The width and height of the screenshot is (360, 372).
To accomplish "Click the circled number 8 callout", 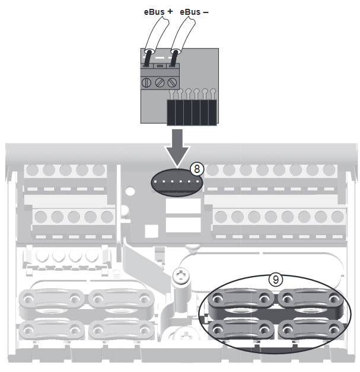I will click(197, 168).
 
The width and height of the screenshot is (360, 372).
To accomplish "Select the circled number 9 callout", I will click(274, 278).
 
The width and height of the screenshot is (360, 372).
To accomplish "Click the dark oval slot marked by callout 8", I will click(176, 183).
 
